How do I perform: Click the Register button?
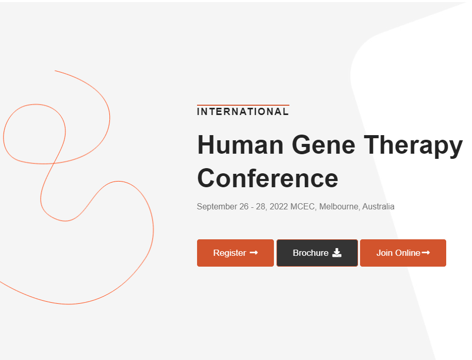(x=235, y=253)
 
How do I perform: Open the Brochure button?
(x=317, y=253)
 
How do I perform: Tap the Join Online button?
(x=403, y=253)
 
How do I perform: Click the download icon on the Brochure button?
(x=337, y=253)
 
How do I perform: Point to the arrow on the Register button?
(x=254, y=253)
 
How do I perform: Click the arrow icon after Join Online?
(x=426, y=253)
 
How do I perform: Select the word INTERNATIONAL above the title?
(x=242, y=112)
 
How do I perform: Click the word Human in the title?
(x=240, y=145)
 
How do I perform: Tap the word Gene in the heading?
(x=323, y=145)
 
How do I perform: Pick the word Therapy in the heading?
(x=413, y=146)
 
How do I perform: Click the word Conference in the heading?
(x=268, y=178)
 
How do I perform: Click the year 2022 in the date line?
(x=279, y=206)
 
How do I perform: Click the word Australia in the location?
(x=379, y=206)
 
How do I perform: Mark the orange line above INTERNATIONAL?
(x=243, y=105)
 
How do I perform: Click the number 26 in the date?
(x=244, y=206)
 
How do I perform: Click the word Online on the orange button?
(x=408, y=253)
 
